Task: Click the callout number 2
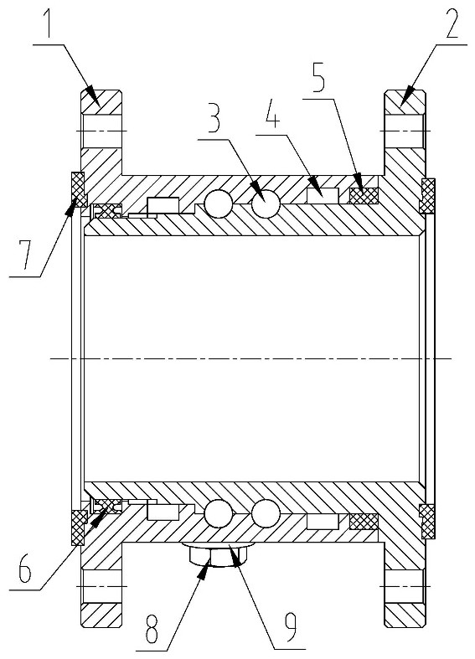452,23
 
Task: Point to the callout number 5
318,77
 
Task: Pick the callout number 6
25,568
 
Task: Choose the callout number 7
26,253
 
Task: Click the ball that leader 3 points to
266,204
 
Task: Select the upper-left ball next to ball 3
218,204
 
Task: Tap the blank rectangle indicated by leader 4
323,196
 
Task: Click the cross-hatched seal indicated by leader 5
364,196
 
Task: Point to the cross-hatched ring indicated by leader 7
78,187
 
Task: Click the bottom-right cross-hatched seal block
364,522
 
